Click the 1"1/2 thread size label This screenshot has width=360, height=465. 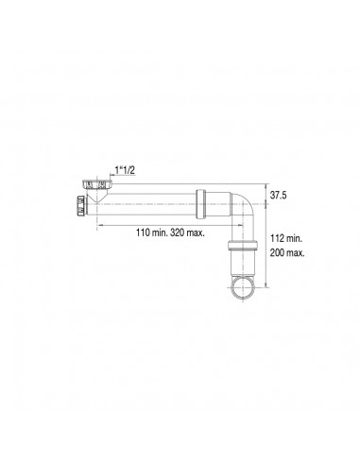coord(125,170)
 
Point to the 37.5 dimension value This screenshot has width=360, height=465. coord(278,196)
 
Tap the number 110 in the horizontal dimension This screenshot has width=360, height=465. coord(143,233)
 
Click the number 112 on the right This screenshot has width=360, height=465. coord(277,238)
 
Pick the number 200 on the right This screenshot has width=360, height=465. coord(278,252)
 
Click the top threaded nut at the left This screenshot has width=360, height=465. coord(97,184)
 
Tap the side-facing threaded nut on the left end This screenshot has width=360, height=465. coord(81,205)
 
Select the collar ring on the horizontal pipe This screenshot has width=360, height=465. coord(200,204)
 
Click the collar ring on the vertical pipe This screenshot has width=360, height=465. coord(243,245)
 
